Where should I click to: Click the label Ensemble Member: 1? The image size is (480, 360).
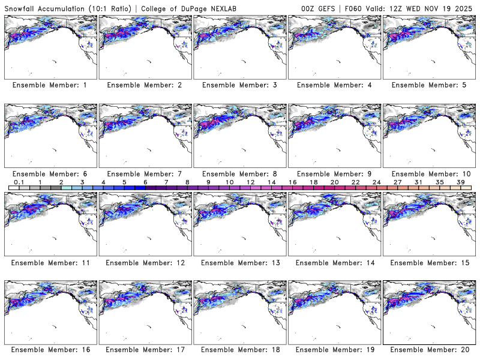[x=50, y=85]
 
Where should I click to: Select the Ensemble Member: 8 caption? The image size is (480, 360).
[x=239, y=173]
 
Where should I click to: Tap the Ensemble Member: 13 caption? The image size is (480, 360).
[x=239, y=262]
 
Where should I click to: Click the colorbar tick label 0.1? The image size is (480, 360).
[x=19, y=182]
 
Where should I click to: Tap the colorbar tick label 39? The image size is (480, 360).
[x=460, y=182]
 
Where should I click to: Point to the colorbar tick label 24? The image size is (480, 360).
[x=376, y=182]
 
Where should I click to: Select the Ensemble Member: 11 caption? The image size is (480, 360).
[x=50, y=262]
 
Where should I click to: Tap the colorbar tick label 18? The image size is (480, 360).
[x=313, y=182]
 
